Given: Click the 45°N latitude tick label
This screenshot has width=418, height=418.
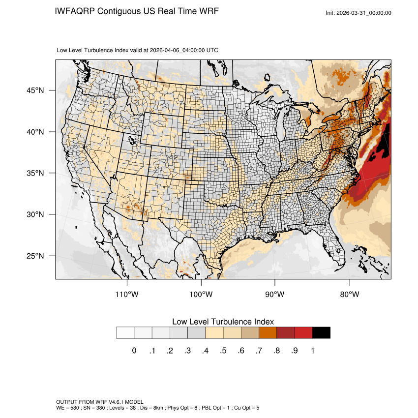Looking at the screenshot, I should [x=36, y=90].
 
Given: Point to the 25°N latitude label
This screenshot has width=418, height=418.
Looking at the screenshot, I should [x=36, y=256].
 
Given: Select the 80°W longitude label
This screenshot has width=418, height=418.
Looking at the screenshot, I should [x=349, y=295].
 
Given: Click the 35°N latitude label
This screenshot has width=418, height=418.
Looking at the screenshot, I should [x=36, y=173].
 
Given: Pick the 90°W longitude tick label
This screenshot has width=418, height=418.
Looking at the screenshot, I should [x=275, y=295].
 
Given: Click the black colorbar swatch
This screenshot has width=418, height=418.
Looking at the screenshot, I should [x=321, y=332].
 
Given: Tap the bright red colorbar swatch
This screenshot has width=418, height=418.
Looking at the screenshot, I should [x=303, y=332].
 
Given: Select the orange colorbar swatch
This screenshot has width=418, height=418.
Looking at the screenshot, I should [x=268, y=332].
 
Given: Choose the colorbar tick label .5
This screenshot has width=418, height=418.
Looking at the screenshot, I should [x=223, y=351].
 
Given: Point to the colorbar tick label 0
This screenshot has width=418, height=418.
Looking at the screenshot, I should [x=134, y=351].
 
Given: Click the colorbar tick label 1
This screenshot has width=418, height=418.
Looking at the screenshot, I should [x=312, y=351].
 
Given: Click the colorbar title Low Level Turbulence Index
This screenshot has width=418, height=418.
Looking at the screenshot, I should [x=223, y=322].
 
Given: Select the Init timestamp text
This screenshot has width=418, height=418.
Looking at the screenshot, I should [x=358, y=13].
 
